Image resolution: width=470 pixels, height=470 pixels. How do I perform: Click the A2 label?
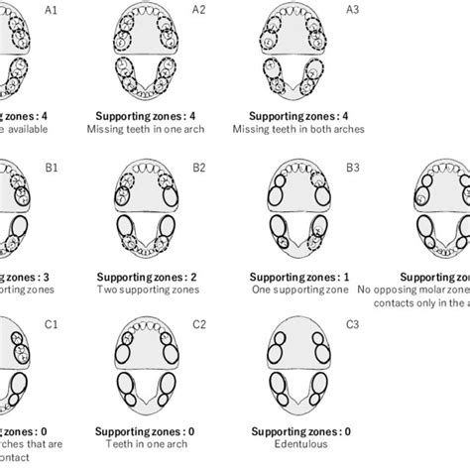199,9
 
